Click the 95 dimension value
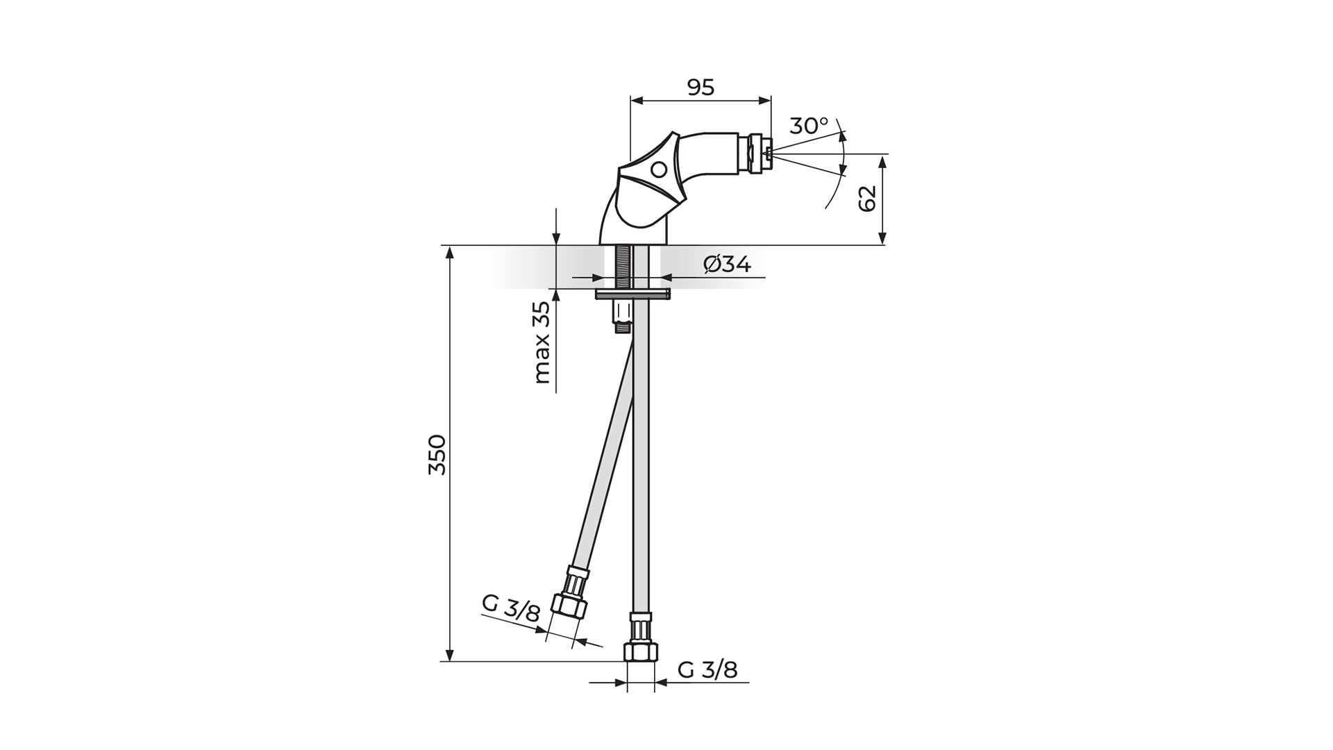point(701,87)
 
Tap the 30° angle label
point(809,126)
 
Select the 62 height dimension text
point(868,199)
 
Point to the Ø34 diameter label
point(727,265)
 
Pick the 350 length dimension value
point(437,455)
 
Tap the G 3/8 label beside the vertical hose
point(707,669)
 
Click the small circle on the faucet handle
point(659,169)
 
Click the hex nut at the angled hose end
point(569,606)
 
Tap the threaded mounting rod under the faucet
point(622,267)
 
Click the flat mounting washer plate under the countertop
point(632,295)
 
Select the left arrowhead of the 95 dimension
point(634,101)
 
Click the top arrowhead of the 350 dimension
point(450,251)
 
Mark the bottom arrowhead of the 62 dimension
point(882,240)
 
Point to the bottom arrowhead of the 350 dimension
point(450,656)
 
